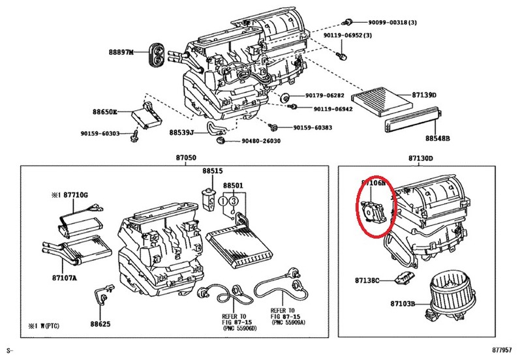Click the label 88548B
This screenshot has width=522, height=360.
coord(438,139)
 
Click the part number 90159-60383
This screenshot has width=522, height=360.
coord(313,127)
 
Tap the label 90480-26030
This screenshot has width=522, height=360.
coord(261,141)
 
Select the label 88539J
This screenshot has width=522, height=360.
coord(181,132)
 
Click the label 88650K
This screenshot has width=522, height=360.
coord(105,112)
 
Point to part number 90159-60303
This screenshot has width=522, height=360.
coord(100,134)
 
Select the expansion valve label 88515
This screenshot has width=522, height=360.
coord(212,171)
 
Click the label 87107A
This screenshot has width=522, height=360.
coord(65,278)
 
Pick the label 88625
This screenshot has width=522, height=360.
coord(101,323)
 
